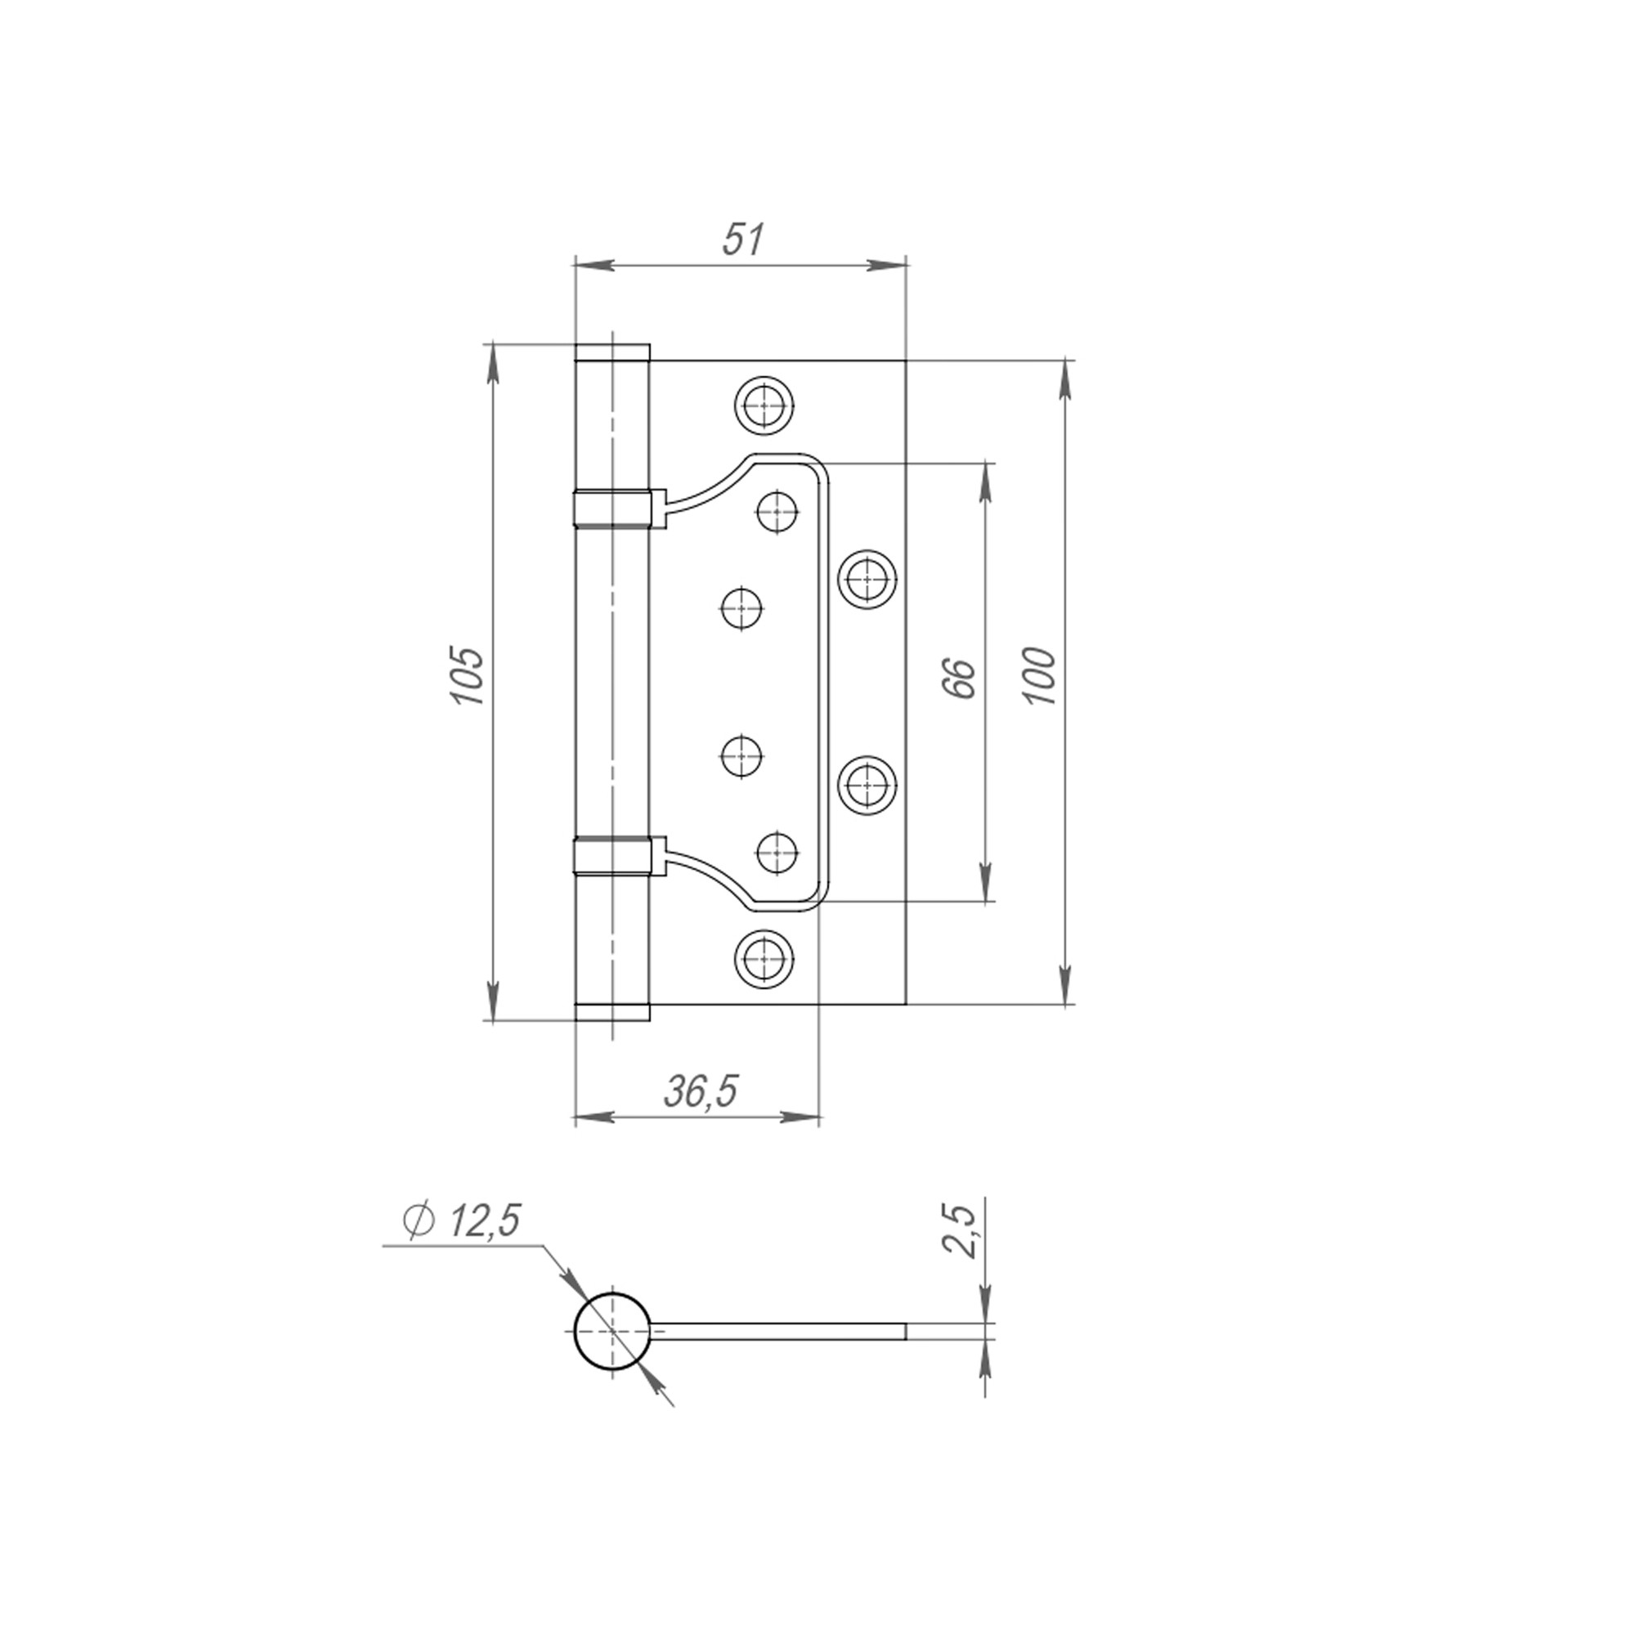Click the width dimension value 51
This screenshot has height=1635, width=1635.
[x=743, y=240]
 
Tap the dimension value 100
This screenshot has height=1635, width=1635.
[x=1040, y=677]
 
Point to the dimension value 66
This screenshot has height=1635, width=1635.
[x=961, y=677]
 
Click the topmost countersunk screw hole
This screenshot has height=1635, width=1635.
[x=765, y=405]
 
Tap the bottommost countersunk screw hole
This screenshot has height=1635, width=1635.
[x=765, y=958]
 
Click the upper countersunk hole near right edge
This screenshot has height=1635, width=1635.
[x=868, y=579]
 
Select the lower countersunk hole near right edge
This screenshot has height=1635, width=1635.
[x=868, y=785]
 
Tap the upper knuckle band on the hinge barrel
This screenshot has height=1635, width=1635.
[x=611, y=508]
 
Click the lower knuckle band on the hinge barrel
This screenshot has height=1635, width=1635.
[x=611, y=856]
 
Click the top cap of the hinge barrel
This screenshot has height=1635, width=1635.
[x=611, y=352]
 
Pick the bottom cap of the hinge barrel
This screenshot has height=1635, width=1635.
[x=611, y=1012]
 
